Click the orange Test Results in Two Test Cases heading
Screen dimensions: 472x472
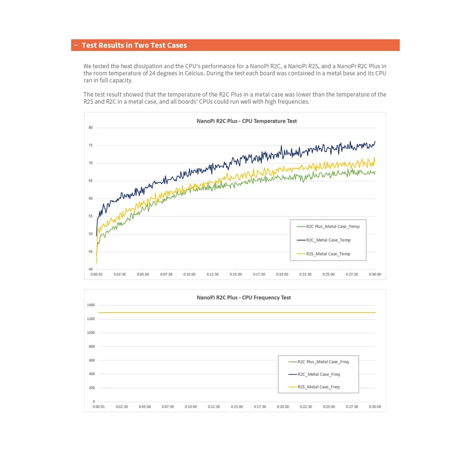134,45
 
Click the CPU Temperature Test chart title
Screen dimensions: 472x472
247,121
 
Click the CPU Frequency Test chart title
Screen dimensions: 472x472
243,298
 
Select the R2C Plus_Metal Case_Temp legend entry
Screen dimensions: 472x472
332,227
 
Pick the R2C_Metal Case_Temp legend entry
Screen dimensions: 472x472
328,240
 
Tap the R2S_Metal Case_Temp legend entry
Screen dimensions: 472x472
328,254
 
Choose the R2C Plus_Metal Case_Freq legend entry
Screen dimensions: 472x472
323,362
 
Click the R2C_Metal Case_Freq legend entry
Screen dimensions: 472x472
318,374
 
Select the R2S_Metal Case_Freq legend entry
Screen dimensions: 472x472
318,387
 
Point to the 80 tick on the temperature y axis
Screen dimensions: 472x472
91,128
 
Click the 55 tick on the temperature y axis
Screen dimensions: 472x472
91,216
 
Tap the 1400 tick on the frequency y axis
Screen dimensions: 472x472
91,305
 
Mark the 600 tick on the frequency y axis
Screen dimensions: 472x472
92,360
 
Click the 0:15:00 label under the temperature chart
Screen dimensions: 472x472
236,275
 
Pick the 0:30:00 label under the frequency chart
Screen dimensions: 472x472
375,407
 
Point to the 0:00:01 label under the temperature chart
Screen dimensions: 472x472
96,275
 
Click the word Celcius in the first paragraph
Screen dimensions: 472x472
195,74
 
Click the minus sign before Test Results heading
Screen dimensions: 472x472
76,45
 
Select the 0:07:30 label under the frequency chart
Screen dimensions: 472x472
168,407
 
